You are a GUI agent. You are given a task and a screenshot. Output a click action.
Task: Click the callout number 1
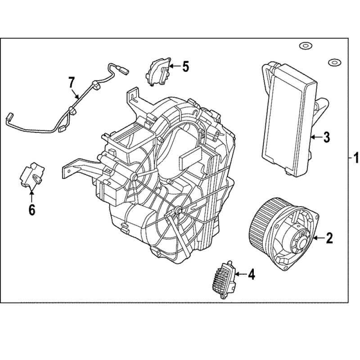pos(355,159)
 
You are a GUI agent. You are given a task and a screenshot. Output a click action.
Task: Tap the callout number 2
pos(329,238)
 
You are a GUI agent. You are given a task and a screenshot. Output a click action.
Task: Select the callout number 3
pos(327,136)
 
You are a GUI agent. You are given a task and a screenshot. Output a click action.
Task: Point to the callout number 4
pos(251,274)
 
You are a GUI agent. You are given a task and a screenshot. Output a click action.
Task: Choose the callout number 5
pos(185,67)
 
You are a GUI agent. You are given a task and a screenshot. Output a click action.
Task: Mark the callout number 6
pos(32,209)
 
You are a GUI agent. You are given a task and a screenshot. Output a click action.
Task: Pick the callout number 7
pos(71,82)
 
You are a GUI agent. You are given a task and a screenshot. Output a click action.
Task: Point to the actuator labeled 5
pos(159,69)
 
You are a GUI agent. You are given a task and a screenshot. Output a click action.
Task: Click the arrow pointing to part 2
pos(317,238)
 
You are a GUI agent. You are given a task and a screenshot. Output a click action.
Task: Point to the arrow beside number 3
pos(315,136)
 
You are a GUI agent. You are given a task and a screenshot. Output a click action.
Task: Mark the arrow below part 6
pos(32,196)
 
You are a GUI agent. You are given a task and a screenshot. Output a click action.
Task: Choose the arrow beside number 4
pos(238,274)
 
